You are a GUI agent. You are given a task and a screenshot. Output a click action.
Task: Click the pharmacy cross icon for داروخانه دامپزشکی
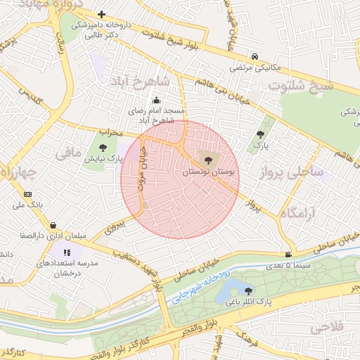103,14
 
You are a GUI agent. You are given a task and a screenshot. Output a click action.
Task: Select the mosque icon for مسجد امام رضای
155,100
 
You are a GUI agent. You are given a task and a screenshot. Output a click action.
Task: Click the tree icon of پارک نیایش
103,148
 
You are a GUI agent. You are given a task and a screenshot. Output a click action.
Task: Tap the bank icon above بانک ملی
27,194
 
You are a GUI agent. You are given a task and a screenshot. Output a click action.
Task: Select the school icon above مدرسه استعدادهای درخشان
66,251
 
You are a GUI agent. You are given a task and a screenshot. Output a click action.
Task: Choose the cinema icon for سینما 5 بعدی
288,255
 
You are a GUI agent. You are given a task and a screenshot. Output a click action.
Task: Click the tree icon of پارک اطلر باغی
248,290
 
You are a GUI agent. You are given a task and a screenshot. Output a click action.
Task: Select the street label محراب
110,132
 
